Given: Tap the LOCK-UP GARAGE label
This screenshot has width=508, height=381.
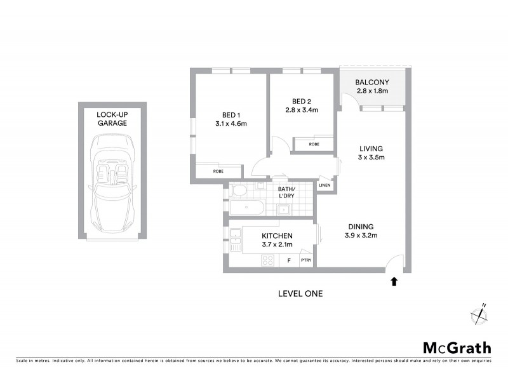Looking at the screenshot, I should click(x=112, y=119).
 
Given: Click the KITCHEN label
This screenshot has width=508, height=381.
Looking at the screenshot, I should click(x=277, y=236).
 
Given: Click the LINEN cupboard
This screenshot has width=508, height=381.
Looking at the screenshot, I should click(x=325, y=185).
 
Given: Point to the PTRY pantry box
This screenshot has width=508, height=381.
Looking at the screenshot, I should click(x=306, y=260).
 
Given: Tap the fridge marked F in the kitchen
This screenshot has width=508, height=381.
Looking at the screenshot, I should click(x=289, y=260).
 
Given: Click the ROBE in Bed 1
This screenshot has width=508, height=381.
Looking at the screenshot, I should click(x=218, y=171).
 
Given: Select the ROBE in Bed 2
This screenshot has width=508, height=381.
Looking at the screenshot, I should click(x=314, y=144).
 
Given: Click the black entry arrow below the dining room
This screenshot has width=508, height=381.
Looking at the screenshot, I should click(x=395, y=279).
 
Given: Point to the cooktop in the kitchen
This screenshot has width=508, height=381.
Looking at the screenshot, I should click(x=267, y=260).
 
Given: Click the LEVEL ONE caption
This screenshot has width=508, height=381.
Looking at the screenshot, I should click(x=300, y=293).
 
